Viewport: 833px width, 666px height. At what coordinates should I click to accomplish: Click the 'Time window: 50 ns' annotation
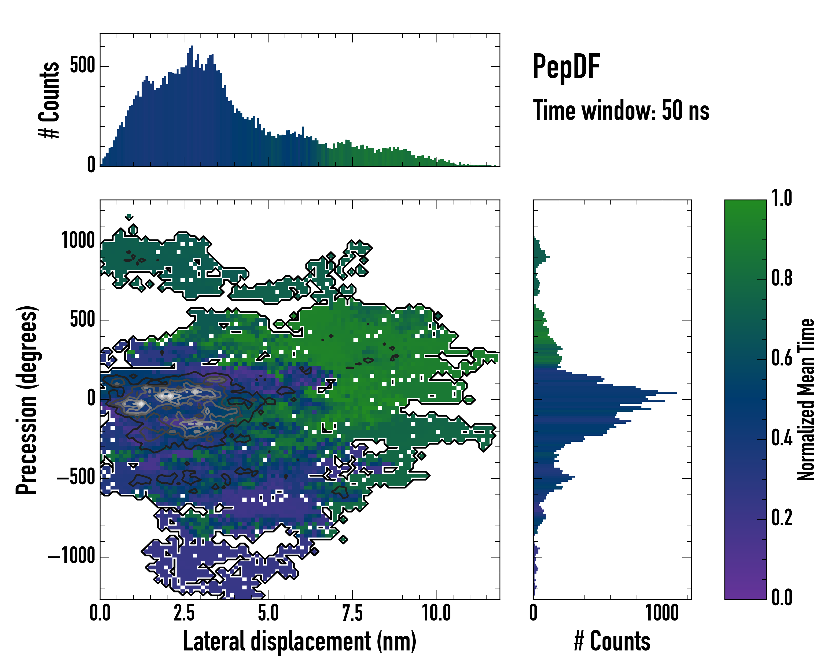(621, 111)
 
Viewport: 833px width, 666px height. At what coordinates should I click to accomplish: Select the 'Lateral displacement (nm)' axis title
(299, 641)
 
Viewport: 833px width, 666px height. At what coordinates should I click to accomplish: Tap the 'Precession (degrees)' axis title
(27, 400)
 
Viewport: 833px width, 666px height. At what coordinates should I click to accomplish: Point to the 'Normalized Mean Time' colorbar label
(806, 400)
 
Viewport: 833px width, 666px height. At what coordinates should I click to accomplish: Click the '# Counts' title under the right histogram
(612, 641)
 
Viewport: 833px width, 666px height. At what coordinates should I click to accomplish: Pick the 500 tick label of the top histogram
(82, 66)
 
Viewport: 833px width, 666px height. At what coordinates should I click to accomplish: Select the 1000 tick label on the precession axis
(78, 241)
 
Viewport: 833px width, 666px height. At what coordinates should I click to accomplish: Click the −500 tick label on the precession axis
(76, 478)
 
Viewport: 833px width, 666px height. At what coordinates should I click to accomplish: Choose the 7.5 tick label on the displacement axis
(352, 614)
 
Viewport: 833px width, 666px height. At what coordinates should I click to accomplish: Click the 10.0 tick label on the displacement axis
(436, 614)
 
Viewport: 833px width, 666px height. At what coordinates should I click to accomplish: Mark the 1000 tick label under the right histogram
(662, 614)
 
